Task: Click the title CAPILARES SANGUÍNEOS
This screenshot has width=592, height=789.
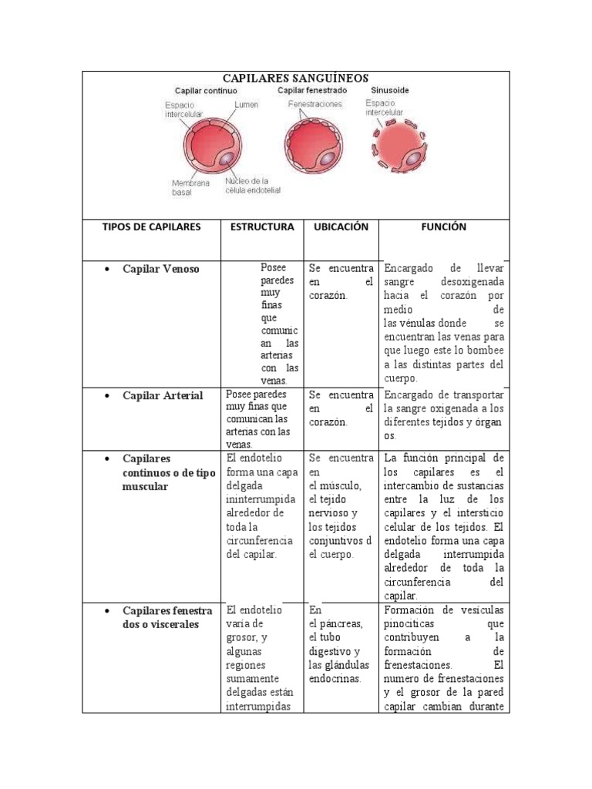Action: click(295, 79)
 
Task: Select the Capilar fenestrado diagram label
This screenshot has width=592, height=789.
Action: click(312, 90)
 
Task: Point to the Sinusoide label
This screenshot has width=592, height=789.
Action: click(390, 90)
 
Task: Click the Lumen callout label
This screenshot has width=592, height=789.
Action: click(246, 105)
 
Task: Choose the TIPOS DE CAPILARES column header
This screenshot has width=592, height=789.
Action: click(151, 227)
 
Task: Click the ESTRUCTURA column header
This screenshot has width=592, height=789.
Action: click(262, 227)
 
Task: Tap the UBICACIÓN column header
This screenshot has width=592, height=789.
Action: click(340, 227)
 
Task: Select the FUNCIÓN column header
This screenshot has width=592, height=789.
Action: click(443, 227)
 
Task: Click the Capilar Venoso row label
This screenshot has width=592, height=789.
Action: click(160, 269)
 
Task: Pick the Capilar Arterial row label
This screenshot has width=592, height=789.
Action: click(163, 395)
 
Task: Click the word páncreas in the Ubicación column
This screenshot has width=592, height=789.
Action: click(336, 623)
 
